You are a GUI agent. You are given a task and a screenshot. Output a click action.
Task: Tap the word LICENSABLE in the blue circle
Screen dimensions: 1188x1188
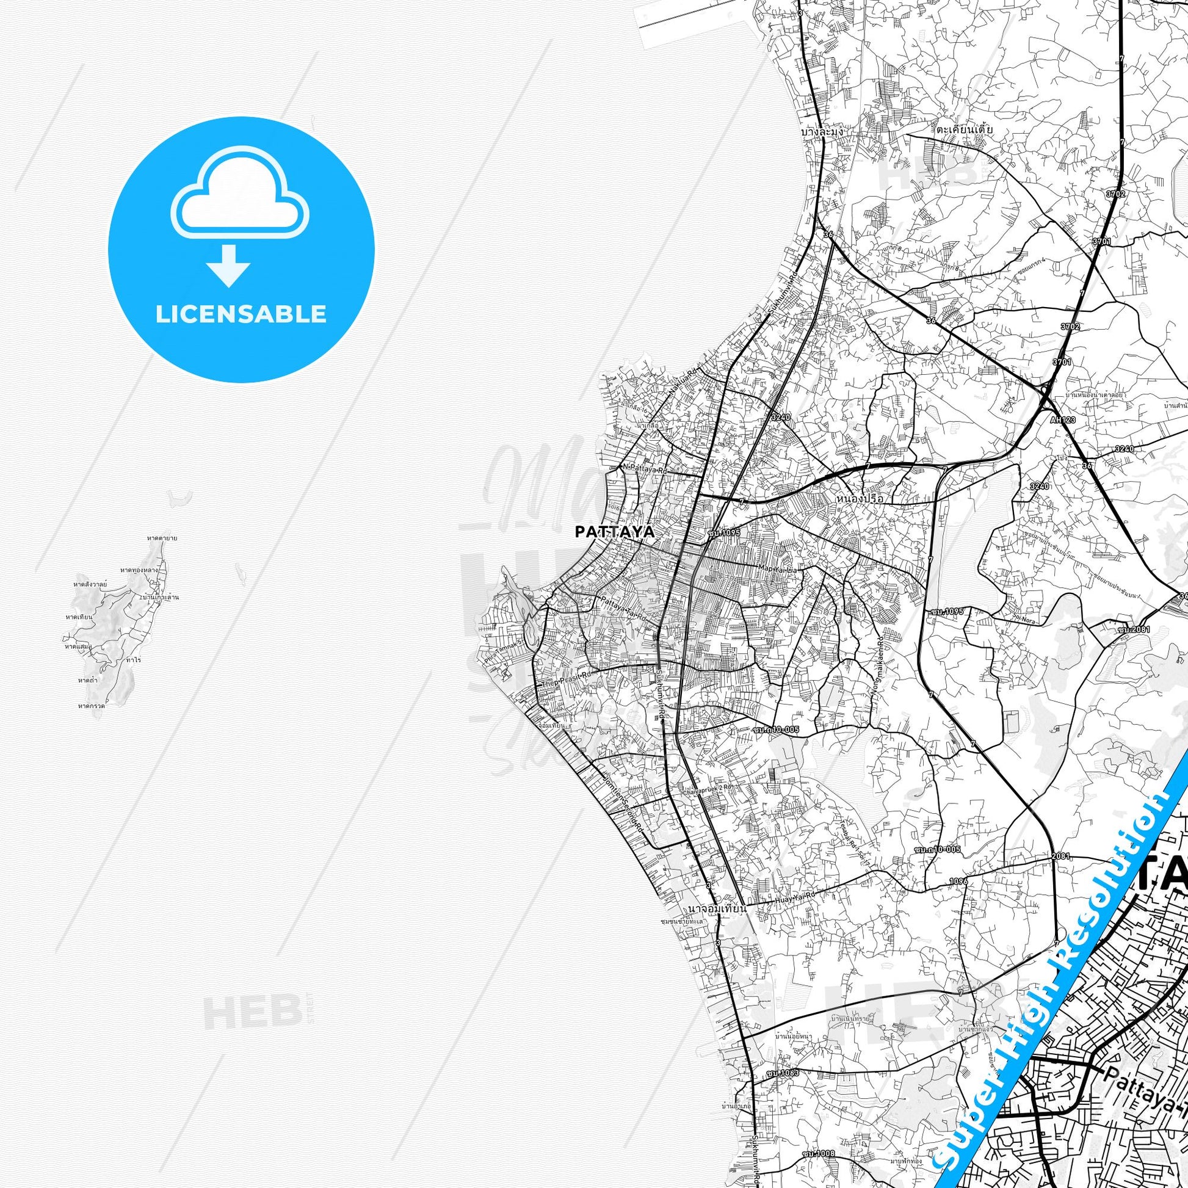241,314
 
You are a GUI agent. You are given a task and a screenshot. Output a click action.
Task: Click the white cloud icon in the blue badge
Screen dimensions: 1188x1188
241,203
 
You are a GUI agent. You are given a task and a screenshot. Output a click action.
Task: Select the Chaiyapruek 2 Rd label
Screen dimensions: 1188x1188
707,803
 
